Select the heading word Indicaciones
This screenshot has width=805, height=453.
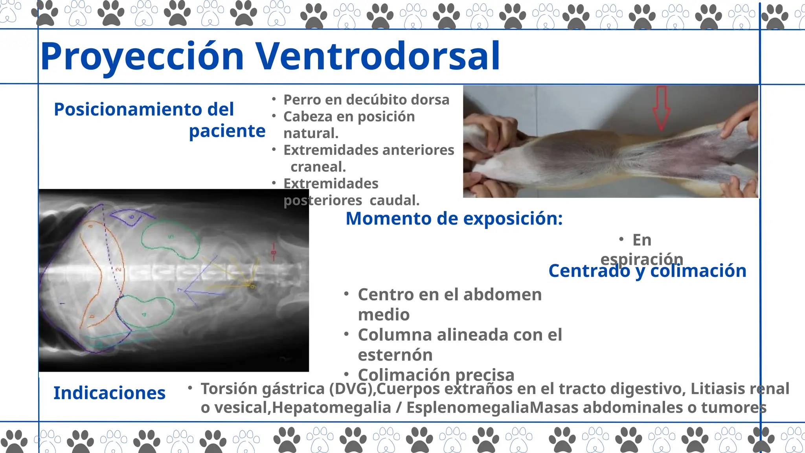coord(109,393)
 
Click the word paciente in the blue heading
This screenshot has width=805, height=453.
coord(227,131)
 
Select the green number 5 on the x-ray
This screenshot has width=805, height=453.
coord(171,236)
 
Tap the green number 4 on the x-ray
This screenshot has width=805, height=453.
coord(144,314)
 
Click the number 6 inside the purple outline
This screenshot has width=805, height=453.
coord(132,217)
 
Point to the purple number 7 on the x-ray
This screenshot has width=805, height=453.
coord(180,290)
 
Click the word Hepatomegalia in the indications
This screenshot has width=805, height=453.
coord(331,408)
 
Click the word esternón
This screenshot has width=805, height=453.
coord(395,355)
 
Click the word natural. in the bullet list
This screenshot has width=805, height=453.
coord(311,133)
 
